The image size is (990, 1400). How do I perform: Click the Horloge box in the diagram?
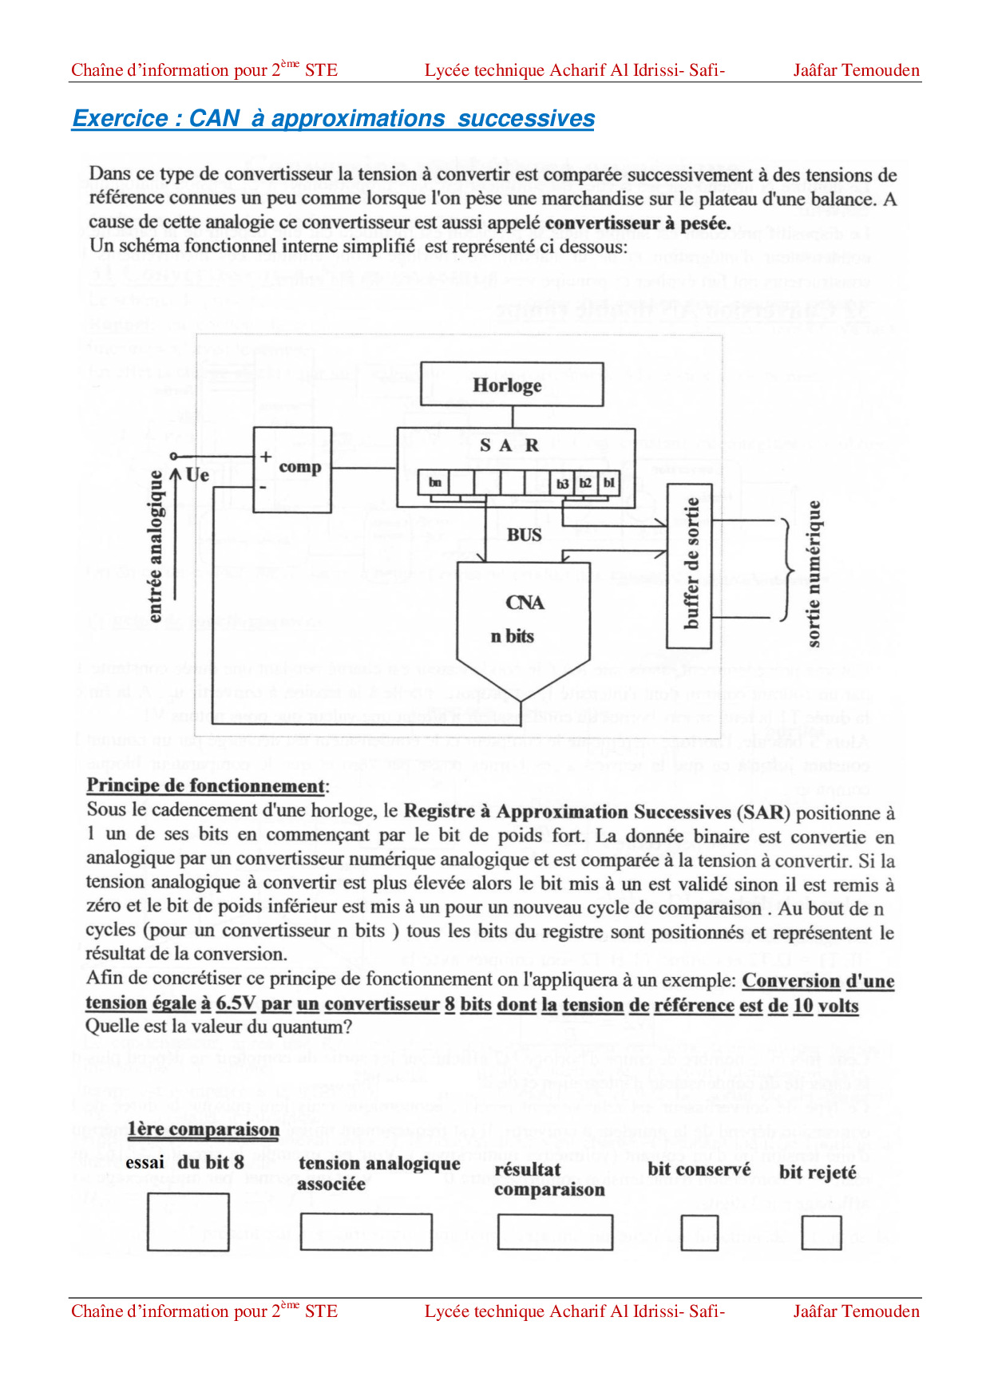pos(512,385)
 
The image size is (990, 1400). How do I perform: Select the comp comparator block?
pos(292,469)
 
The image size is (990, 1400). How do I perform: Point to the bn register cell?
pos(434,483)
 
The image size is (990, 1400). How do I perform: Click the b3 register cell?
pos(563,483)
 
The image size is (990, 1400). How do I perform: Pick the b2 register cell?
pos(585,483)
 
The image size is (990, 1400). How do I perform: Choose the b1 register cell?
pos(608,483)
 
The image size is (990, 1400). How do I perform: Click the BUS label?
pos(524,535)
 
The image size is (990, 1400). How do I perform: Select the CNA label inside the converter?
pos(525,603)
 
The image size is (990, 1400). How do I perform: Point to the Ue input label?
pos(197,475)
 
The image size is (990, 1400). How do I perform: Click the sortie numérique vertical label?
pos(814,573)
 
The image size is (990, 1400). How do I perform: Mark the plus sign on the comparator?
pos(266,457)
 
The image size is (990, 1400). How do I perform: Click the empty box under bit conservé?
pos(699,1232)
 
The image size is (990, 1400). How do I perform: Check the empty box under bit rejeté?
pos(822,1232)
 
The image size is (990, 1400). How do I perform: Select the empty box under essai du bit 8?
pos(188,1221)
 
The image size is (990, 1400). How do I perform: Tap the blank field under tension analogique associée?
pos(366,1232)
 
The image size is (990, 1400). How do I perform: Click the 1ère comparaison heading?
pos(204,1129)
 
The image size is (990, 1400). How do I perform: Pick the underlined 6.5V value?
pos(236,1003)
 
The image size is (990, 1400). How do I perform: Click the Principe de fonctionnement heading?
pos(206,785)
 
